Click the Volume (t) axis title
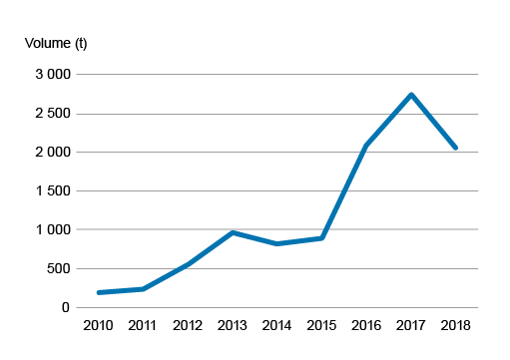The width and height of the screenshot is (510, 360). tap(56, 43)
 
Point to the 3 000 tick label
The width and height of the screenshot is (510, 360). tap(50, 75)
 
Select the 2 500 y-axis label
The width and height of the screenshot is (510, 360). tap(50, 114)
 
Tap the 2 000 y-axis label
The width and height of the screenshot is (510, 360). tap(50, 153)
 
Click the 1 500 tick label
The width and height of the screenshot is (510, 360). tap(50, 191)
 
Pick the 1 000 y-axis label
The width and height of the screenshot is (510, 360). tap(50, 230)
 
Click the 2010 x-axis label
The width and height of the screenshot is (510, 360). tap(98, 326)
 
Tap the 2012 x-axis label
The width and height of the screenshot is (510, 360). tap(188, 326)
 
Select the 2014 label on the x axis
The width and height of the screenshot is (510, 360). tap(277, 326)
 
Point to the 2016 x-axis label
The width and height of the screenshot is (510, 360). tap(366, 326)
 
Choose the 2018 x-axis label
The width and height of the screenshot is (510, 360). tap(456, 326)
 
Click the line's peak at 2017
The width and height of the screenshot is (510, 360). tap(411, 95)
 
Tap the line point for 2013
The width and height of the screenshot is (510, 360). tap(233, 232)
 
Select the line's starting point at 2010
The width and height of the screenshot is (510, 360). tap(99, 292)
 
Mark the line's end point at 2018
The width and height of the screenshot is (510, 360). tap(456, 148)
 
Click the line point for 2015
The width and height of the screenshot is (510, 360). tap(321, 238)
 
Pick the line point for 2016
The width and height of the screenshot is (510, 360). tap(366, 146)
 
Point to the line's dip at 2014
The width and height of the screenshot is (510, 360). tap(276, 243)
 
